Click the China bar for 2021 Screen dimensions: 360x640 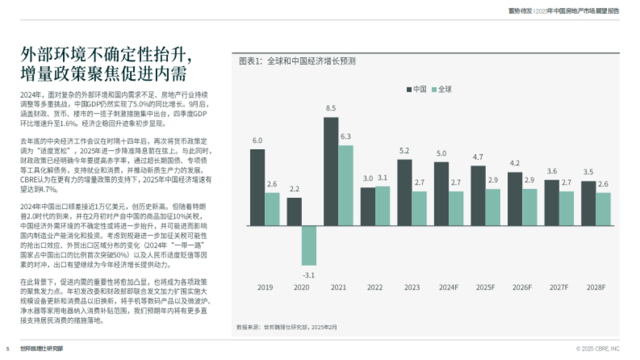pyautogui.click(x=331, y=171)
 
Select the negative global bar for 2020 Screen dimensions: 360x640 pyautogui.click(x=309, y=245)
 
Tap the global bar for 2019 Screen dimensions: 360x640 pyautogui.click(x=273, y=209)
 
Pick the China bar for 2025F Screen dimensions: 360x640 pyautogui.click(x=478, y=196)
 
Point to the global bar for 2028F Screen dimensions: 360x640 pyautogui.click(x=603, y=209)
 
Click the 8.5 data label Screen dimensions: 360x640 pyautogui.click(x=331, y=108)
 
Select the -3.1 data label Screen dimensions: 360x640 pyautogui.click(x=309, y=275)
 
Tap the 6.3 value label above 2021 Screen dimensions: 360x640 pyautogui.click(x=346, y=137)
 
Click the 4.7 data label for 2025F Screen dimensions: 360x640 pyautogui.click(x=478, y=157)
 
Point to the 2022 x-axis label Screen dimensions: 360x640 pyautogui.click(x=374, y=287)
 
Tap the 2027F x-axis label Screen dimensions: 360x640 pyautogui.click(x=559, y=287)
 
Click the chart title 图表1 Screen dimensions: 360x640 pyautogui.click(x=297, y=61)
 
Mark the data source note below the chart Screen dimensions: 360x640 pyautogui.click(x=286, y=326)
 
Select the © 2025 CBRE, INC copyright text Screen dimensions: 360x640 pyautogui.click(x=597, y=349)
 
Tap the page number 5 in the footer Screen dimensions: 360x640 pyautogui.click(x=8, y=349)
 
